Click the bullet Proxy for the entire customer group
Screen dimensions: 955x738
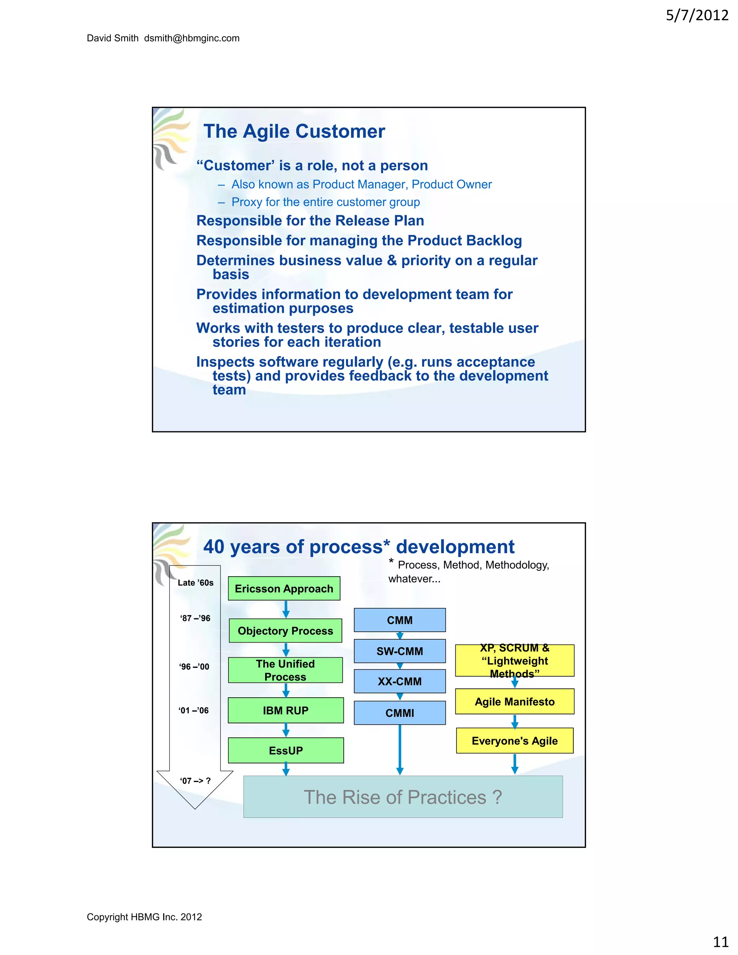pyautogui.click(x=325, y=202)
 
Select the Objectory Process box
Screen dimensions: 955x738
pyautogui.click(x=285, y=631)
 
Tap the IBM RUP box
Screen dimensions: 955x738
pyautogui.click(x=285, y=710)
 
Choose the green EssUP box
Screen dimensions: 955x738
pyautogui.click(x=285, y=750)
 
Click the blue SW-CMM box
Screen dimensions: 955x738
pyautogui.click(x=400, y=651)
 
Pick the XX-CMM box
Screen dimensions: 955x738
pyautogui.click(x=400, y=681)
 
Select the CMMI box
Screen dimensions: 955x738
pyautogui.click(x=400, y=713)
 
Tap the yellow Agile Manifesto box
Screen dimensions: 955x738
pyautogui.click(x=515, y=701)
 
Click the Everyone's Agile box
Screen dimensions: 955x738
pyautogui.click(x=515, y=741)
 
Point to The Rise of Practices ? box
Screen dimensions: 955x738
pyautogui.click(x=403, y=797)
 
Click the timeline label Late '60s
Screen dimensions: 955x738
pyautogui.click(x=195, y=582)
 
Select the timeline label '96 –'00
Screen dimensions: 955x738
pyautogui.click(x=194, y=666)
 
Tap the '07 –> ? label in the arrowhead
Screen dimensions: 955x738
pyautogui.click(x=195, y=781)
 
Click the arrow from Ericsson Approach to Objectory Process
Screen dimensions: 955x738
pyautogui.click(x=286, y=609)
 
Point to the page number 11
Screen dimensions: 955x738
pyautogui.click(x=720, y=941)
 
